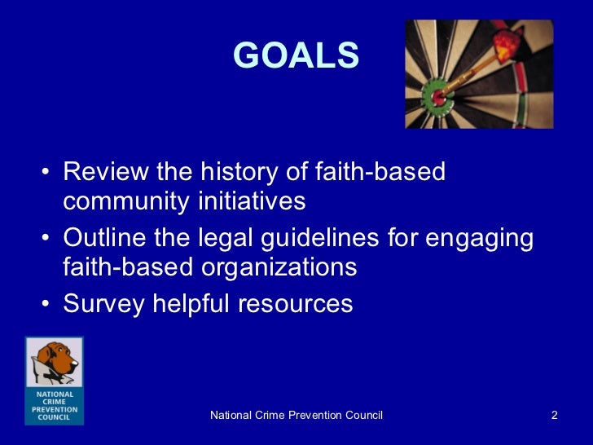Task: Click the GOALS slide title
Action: tap(296, 55)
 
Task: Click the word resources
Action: tap(295, 305)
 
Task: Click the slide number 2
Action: tap(554, 416)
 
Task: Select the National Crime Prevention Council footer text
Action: tap(296, 416)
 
